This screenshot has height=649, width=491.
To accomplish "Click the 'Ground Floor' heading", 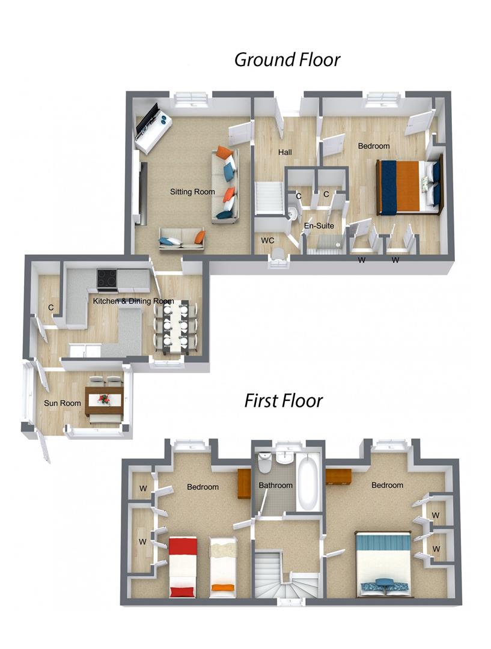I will pos(287,59).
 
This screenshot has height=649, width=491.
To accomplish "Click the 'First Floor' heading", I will pos(283,400).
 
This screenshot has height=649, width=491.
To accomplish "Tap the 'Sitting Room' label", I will pos(192,192).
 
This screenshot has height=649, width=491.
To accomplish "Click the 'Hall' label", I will pos(285,153).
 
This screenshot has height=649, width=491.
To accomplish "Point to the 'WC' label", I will pos(267,240).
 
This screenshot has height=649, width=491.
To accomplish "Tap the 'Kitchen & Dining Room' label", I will pos(133,301).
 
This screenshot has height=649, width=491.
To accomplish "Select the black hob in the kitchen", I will pos(107,278).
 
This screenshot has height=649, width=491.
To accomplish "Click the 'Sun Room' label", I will pos(63,403).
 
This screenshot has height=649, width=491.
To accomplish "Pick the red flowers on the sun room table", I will pos(103,398).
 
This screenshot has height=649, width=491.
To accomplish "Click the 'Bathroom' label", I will pos(275,485).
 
